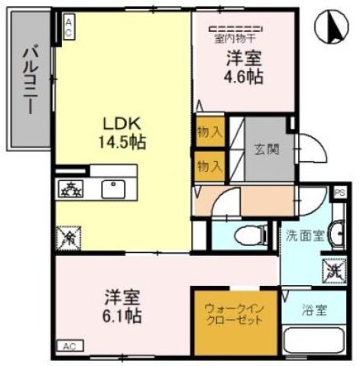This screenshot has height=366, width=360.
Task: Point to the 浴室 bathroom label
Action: pyautogui.click(x=314, y=311)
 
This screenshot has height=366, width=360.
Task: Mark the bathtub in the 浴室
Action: pyautogui.click(x=313, y=340)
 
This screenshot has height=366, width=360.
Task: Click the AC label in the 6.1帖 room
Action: pyautogui.click(x=70, y=345)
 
